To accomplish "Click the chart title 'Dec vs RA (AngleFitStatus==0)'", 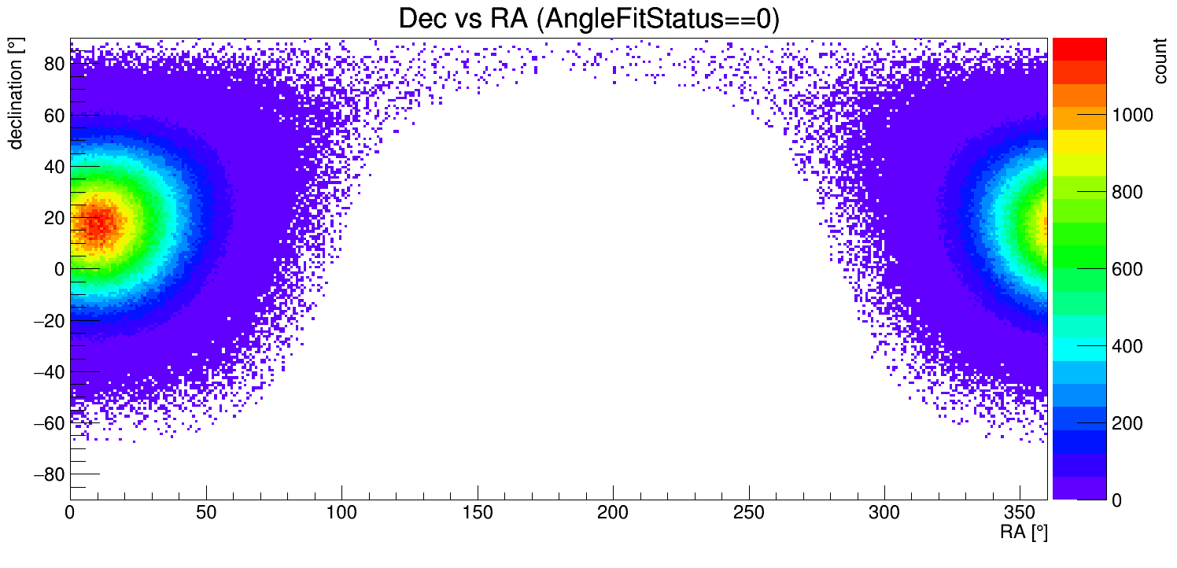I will click(588, 19).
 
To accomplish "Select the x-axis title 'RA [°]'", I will click(1024, 533).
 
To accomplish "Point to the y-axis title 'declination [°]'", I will click(15, 94).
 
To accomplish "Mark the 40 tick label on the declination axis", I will click(53, 167).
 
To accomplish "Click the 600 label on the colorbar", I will click(1127, 270).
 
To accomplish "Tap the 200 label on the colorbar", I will click(1127, 424).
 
